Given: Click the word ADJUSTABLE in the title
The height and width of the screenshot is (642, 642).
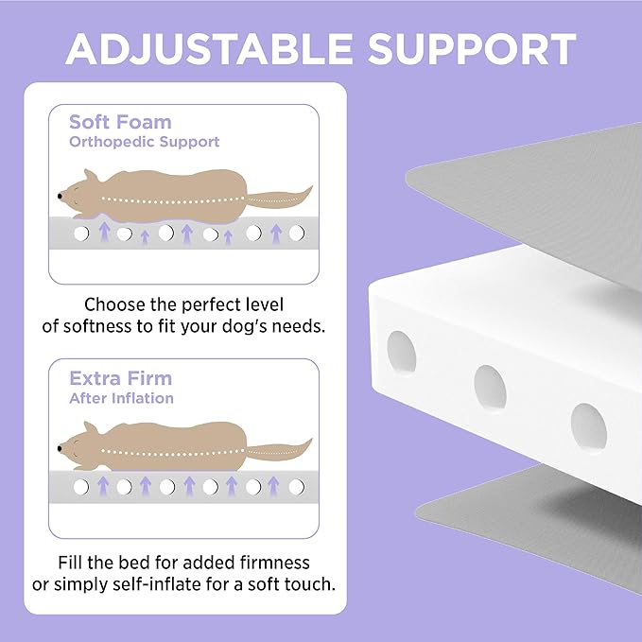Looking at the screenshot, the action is [x=209, y=49].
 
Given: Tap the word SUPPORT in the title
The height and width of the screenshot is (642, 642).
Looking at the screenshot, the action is [x=472, y=49].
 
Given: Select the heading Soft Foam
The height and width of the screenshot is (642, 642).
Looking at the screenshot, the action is [x=120, y=122].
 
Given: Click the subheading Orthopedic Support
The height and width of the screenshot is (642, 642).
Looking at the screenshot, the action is [x=144, y=142].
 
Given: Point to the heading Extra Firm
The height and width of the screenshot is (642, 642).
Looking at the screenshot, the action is [x=120, y=378].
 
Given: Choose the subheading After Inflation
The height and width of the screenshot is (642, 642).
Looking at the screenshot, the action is [x=121, y=398].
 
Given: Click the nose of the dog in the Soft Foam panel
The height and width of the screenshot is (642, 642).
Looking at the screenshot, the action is [x=61, y=196].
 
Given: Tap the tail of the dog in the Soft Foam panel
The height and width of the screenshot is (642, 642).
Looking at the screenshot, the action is [x=279, y=199].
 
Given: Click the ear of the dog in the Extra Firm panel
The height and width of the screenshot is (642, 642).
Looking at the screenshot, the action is [x=91, y=428].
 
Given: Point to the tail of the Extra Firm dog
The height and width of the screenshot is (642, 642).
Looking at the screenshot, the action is [x=279, y=451].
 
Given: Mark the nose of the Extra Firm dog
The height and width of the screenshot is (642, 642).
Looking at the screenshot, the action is [x=61, y=449].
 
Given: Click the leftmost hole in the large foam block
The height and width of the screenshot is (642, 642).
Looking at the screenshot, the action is [x=402, y=352].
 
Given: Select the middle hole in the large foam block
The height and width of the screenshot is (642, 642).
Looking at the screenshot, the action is [x=490, y=388].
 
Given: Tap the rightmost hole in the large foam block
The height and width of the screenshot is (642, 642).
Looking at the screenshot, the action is [x=589, y=426].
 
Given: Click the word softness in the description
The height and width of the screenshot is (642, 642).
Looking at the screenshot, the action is [x=98, y=326].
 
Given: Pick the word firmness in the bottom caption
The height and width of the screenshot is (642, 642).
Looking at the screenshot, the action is [x=275, y=563].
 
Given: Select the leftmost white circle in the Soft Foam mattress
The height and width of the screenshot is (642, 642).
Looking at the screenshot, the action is [x=81, y=234].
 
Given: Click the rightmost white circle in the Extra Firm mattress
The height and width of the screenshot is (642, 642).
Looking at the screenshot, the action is [x=297, y=487].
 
